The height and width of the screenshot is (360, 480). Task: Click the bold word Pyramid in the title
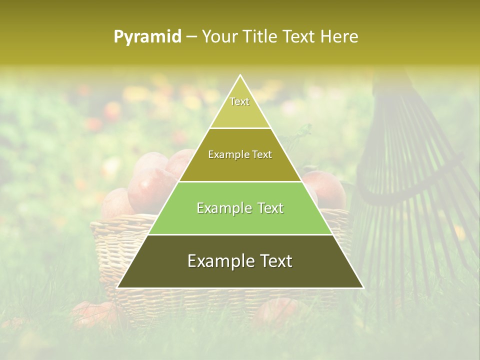click(147, 37)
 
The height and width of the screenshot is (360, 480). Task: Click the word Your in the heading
click(219, 37)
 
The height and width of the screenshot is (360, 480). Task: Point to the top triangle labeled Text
click(240, 107)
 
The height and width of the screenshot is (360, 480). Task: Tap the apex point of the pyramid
click(240, 75)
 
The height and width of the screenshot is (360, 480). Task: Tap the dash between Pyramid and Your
click(191, 37)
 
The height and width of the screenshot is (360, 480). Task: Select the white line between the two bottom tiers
click(240, 234)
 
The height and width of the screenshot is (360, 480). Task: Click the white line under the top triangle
click(240, 128)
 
